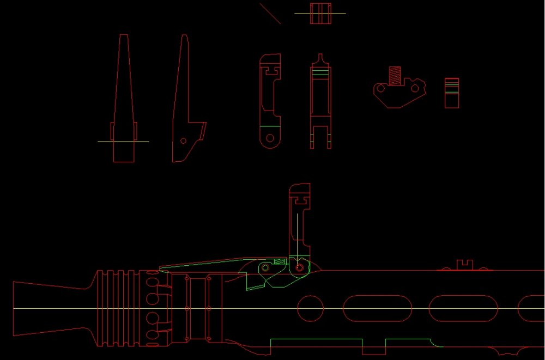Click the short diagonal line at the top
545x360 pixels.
[270, 14]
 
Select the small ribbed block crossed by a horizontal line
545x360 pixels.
[321, 14]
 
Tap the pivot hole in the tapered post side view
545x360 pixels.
[183, 141]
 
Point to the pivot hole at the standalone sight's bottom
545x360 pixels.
[270, 139]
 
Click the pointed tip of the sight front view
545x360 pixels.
[321, 56]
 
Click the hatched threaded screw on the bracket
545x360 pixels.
[395, 75]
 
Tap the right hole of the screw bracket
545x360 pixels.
[415, 88]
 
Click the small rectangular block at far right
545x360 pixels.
[451, 93]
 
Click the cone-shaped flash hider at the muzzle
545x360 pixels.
[49, 309]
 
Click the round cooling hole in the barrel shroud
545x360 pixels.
[311, 309]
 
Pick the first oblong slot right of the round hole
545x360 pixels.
[377, 309]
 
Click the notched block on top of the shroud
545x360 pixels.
[465, 265]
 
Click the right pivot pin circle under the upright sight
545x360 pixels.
[299, 268]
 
